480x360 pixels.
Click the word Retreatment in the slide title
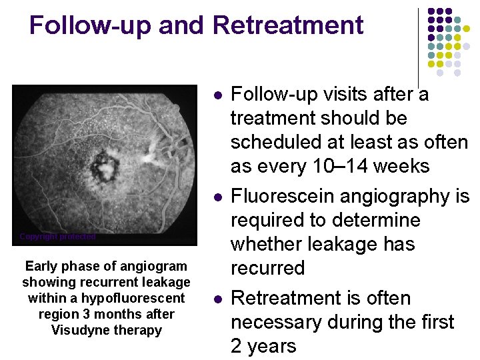(288, 25)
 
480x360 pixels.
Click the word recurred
(267, 268)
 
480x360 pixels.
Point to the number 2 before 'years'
(236, 346)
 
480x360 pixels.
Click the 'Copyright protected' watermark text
(57, 237)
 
